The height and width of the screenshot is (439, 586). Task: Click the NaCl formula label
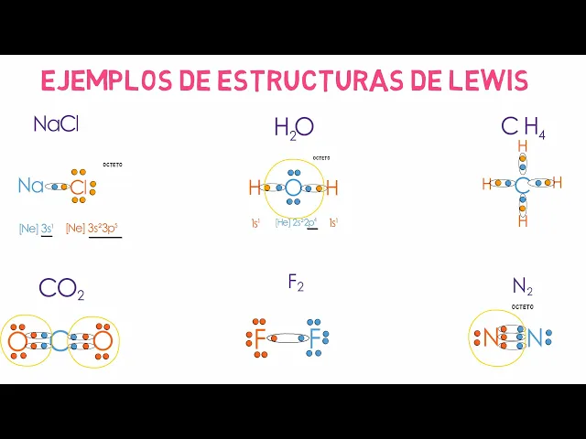click(x=56, y=124)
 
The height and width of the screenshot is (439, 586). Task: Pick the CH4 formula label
click(x=523, y=128)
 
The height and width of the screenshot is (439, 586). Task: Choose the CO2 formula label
click(x=61, y=290)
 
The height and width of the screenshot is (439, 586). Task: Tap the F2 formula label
click(x=295, y=284)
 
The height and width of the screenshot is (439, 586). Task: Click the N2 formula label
click(x=522, y=288)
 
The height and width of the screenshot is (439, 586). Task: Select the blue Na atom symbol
click(x=30, y=187)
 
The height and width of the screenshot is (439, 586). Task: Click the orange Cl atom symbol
click(x=79, y=187)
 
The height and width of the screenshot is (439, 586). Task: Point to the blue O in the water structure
click(x=292, y=188)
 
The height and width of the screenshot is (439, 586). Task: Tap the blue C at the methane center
click(x=522, y=186)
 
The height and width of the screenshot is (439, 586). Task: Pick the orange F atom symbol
click(x=260, y=340)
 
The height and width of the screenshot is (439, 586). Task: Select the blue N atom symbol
click(x=536, y=338)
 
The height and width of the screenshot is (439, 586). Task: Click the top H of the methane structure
click(x=522, y=146)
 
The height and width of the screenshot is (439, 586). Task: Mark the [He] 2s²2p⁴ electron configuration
click(x=296, y=222)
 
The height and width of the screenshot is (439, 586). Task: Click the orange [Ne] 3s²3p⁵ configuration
click(x=92, y=229)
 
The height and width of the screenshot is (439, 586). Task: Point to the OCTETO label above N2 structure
click(x=522, y=306)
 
